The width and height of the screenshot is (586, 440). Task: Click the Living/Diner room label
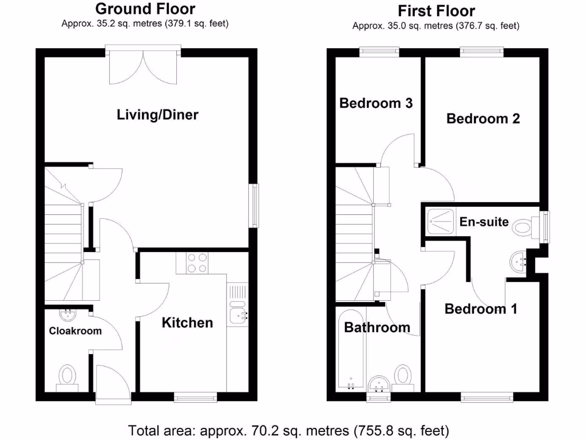point(157,115)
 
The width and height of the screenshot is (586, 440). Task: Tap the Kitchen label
point(187,323)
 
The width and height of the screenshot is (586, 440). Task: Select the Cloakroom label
point(75,331)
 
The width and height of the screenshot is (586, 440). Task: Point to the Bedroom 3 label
point(376,103)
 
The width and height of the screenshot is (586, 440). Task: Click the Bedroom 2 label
point(483,119)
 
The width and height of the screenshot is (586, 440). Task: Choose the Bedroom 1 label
point(481,309)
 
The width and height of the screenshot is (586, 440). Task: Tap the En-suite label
point(484,222)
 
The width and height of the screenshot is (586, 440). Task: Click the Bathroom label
point(377,327)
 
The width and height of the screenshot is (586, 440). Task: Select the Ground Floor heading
point(145,9)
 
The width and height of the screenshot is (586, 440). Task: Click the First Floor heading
point(436,10)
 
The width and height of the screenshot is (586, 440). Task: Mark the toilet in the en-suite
point(524,227)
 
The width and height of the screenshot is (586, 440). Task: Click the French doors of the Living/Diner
point(144,64)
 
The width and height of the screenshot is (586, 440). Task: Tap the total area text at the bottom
point(288,430)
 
